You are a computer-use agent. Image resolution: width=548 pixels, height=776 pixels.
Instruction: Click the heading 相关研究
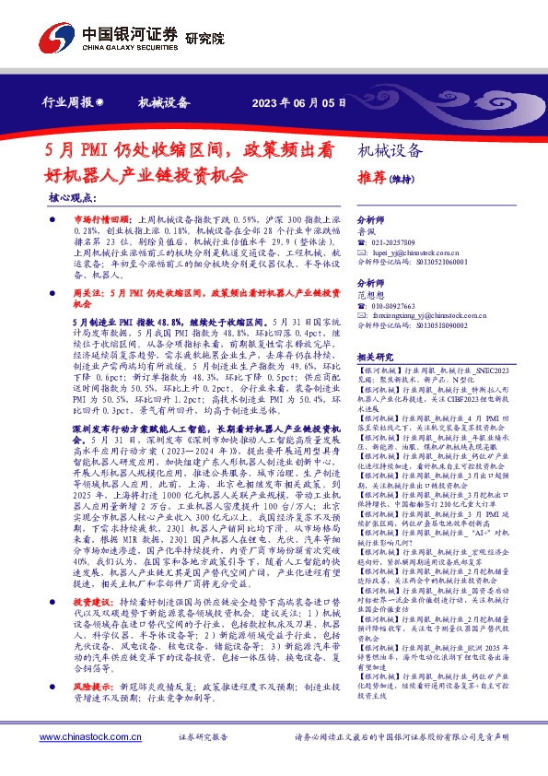(375, 356)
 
